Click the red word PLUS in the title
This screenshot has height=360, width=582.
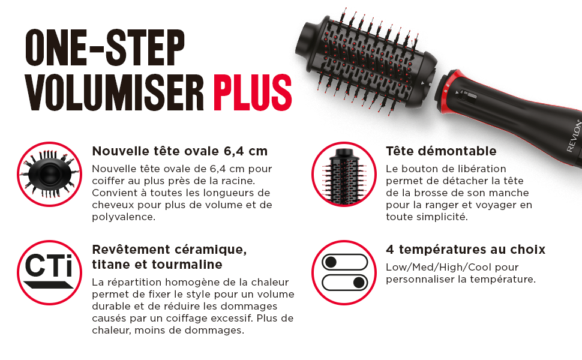coord(253,91)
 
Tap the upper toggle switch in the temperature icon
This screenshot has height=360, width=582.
coord(344,262)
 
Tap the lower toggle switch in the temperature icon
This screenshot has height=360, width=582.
coord(344,282)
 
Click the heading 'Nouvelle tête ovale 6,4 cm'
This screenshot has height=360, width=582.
coord(179,151)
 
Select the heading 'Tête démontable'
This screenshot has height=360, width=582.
coord(441,151)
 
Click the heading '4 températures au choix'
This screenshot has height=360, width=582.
coord(466,250)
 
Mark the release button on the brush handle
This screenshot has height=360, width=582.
coord(465,93)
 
